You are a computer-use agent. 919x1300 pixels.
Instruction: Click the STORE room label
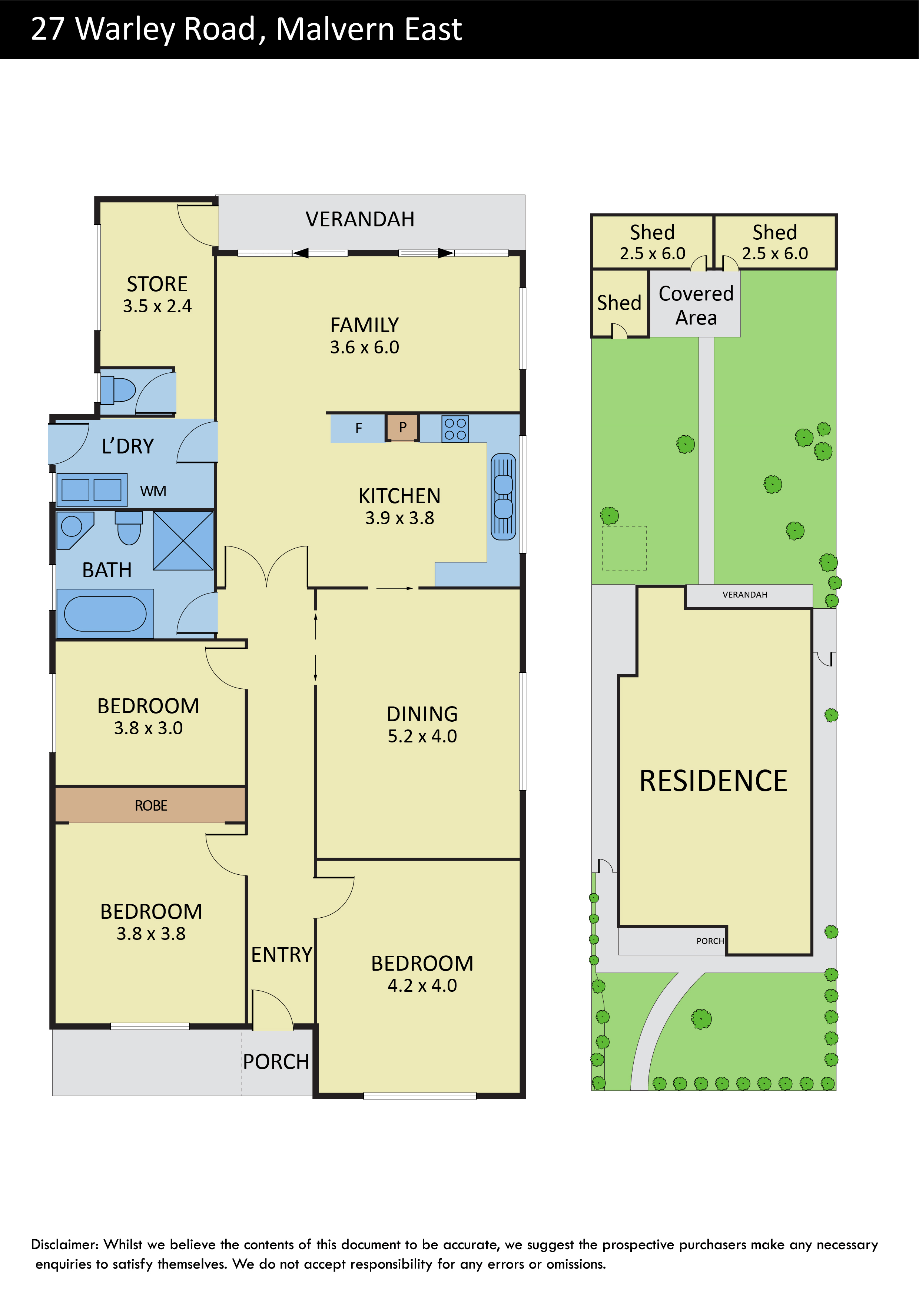[x=157, y=284]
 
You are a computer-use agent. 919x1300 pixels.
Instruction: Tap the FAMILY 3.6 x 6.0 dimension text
[x=365, y=347]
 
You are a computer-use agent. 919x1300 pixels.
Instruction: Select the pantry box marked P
[x=402, y=428]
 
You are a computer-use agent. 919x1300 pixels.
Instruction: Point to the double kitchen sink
[x=503, y=496]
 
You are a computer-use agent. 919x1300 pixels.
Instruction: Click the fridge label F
[x=358, y=428]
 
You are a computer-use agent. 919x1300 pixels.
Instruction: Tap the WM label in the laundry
[x=153, y=491]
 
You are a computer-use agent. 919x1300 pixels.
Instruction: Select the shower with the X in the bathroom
[x=183, y=540]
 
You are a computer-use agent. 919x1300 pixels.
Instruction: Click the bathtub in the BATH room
[x=105, y=614]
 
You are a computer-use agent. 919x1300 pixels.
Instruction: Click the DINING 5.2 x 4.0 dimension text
[x=422, y=736]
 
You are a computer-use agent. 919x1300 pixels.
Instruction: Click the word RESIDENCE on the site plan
[x=713, y=781]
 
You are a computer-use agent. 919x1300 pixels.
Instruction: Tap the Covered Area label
[x=696, y=305]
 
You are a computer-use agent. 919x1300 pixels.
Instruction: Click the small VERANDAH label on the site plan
[x=744, y=595]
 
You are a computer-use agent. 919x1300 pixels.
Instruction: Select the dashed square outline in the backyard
[x=624, y=548]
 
